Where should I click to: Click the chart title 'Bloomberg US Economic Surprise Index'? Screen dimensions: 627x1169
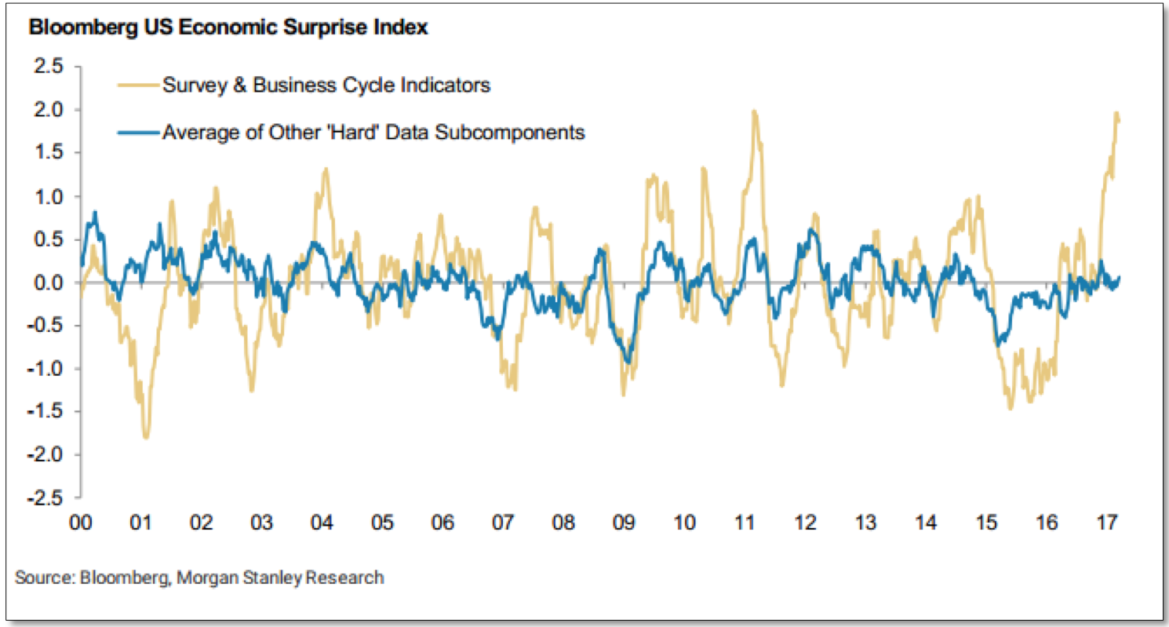click(228, 28)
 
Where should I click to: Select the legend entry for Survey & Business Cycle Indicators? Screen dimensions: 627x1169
click(326, 85)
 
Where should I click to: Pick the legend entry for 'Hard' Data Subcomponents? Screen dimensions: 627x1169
click(373, 132)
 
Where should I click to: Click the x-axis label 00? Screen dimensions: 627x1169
click(82, 523)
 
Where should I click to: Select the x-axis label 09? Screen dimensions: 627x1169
click(624, 523)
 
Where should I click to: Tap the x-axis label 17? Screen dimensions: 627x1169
click(1105, 523)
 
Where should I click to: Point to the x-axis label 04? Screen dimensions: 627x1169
click(322, 523)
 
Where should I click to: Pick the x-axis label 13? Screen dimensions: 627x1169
click(865, 523)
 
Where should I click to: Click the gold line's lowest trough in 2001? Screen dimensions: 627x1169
click(146, 437)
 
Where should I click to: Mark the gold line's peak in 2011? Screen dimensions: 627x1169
click(754, 111)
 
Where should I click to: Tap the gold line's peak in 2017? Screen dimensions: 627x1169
click(1115, 114)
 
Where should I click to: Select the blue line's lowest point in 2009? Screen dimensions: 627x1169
click(627, 363)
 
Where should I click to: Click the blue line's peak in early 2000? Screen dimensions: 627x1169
click(95, 212)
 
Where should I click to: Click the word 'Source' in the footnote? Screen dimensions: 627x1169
click(42, 578)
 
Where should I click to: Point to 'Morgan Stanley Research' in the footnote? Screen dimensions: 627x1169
click(281, 578)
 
